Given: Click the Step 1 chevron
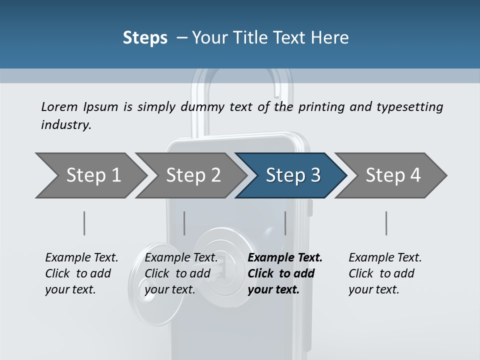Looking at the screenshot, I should coord(92,175).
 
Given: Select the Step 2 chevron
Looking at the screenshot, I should coord(192,175).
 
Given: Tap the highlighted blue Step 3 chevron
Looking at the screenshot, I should coord(292,175).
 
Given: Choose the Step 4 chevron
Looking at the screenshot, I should coord(392,175).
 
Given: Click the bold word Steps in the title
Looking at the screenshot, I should coord(145,38).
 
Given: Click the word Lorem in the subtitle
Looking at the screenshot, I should coord(59,106).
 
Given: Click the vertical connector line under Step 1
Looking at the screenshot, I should coord(84,223).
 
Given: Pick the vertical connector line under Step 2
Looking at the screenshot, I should coord(184,223).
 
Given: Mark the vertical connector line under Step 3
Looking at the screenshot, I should coord(285,223).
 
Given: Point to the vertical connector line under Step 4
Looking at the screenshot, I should coord(386,223).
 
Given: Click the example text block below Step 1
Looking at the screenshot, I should coord(81,273).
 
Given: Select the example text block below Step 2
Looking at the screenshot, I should coord(181,273).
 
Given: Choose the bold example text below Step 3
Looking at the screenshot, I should coord(285,273).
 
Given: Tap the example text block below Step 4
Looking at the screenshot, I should coord(385,273).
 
